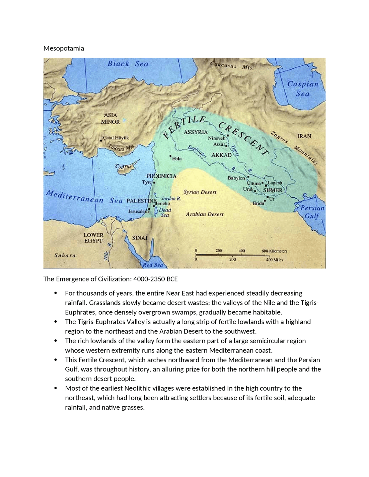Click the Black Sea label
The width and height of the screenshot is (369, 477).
128,64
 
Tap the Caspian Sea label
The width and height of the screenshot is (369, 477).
303,89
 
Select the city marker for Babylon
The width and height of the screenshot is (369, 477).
248,177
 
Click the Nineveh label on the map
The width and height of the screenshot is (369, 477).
216,138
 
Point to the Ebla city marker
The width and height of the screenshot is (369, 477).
170,156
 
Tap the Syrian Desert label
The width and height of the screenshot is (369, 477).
200,192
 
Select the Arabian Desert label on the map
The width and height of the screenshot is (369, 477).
205,214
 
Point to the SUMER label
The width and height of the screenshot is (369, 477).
273,190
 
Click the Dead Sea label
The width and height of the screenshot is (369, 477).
165,213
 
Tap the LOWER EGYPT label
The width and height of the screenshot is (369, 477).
93,238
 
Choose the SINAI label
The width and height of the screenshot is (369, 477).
140,238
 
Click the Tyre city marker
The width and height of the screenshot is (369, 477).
155,183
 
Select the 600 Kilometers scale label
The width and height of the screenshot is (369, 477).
274,251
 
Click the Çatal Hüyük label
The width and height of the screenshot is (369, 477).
116,138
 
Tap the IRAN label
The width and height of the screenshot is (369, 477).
304,136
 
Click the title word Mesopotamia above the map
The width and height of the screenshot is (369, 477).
64,48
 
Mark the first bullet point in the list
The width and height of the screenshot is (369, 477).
56,293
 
